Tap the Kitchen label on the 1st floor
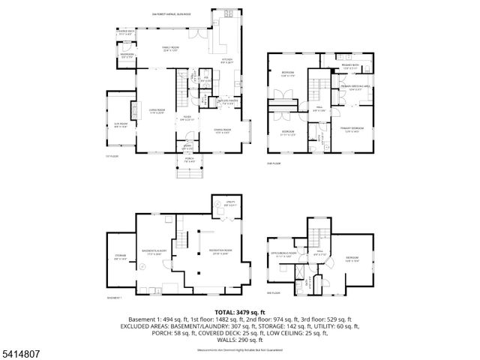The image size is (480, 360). pos(226,61)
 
